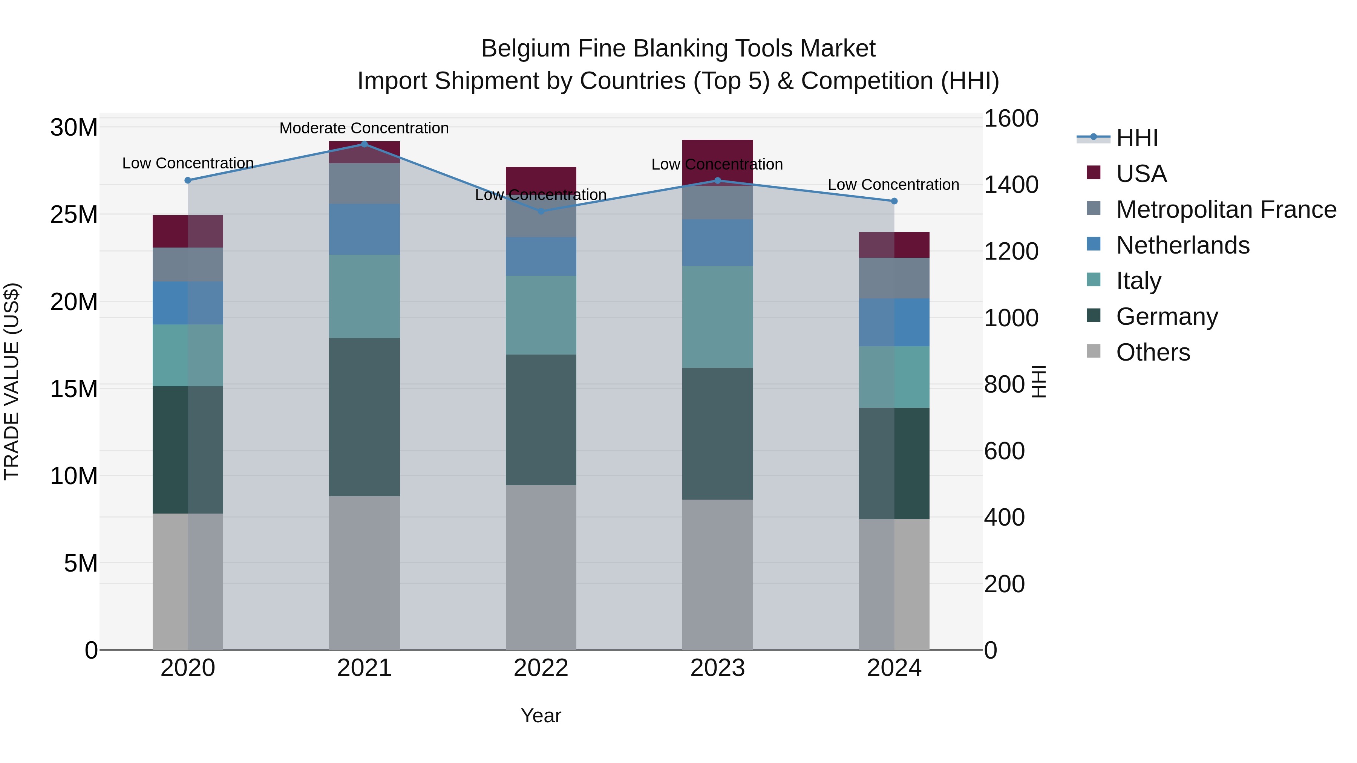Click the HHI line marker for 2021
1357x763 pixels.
point(364,144)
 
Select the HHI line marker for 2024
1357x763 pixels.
point(894,201)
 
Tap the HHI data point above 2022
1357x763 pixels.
point(541,211)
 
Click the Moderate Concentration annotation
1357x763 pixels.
point(364,128)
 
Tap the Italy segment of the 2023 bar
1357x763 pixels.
point(717,317)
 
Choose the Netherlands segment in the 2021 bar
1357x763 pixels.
point(364,229)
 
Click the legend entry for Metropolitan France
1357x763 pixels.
point(1226,209)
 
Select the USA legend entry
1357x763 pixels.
point(1141,174)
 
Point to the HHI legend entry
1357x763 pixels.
point(1137,138)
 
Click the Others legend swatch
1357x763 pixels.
point(1094,351)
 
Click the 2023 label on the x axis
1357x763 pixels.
point(717,668)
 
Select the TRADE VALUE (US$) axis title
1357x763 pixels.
point(12,381)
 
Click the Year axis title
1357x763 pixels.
point(541,716)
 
